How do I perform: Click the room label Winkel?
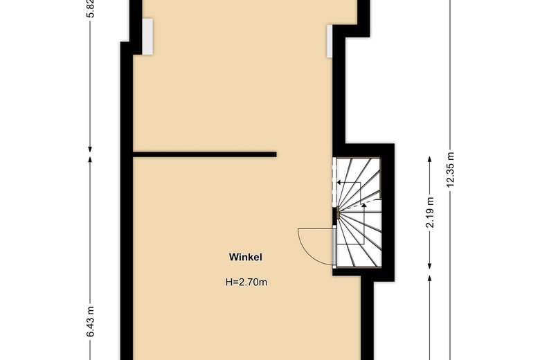click(246, 257)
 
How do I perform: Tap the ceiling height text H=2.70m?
click(246, 282)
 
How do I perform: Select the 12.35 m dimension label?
click(451, 169)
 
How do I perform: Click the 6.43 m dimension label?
click(91, 322)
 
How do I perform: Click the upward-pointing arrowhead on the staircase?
click(364, 206)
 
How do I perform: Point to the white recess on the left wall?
click(148, 35)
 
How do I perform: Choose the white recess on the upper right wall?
click(330, 41)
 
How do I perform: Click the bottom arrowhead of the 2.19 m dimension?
click(430, 268)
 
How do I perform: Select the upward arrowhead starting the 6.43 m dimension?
click(91, 158)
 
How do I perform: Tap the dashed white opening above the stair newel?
click(334, 183)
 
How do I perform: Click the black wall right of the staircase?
click(388, 208)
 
